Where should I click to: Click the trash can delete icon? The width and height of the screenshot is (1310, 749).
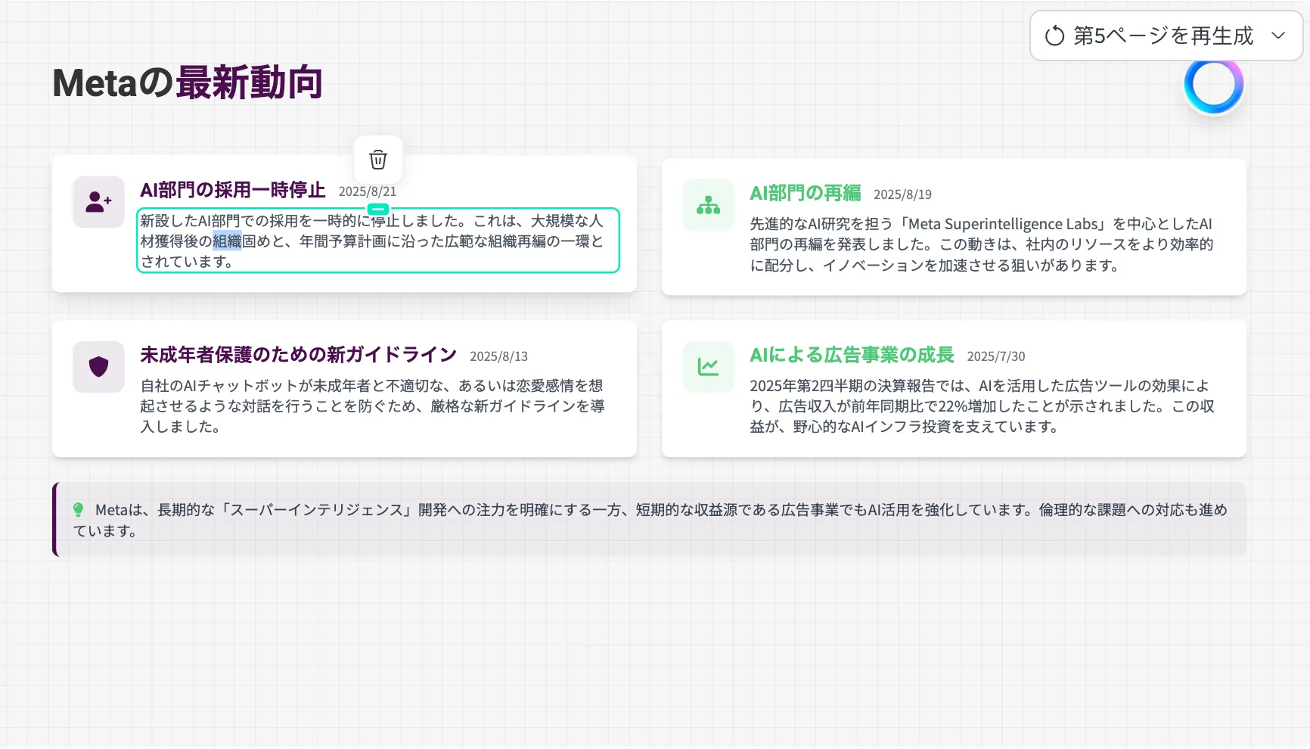coord(378,160)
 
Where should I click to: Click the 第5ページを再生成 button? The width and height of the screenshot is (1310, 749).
coord(1166,36)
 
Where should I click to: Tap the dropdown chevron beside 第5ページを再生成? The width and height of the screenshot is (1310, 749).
coord(1278,36)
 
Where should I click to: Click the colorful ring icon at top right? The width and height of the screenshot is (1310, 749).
coord(1214,85)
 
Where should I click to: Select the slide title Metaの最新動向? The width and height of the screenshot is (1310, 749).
coord(188,82)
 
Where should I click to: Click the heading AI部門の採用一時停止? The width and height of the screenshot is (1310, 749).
coord(233,190)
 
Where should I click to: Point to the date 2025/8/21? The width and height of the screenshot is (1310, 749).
coord(368,191)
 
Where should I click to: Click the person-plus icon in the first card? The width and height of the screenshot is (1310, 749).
coord(98,202)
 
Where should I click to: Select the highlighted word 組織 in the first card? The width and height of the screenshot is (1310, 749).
coord(227,241)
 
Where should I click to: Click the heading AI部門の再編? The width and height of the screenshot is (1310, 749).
coord(806,194)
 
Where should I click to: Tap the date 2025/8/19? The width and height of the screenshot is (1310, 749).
coord(902,194)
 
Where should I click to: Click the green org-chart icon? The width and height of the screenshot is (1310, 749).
coord(709,205)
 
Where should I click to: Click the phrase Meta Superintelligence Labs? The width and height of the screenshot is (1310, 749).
coord(1003,224)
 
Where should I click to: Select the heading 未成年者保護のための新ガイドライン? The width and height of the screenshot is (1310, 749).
coord(299,355)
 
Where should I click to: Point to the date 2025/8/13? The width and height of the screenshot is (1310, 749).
coord(498,356)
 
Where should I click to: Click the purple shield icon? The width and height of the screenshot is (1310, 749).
coord(98,367)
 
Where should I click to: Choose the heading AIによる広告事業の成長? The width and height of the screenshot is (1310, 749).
coord(852,355)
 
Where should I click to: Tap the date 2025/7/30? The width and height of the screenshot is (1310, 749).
coord(996,356)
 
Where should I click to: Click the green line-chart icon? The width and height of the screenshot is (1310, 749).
coord(709,367)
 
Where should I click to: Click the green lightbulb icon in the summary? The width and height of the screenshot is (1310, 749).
coord(78,510)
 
